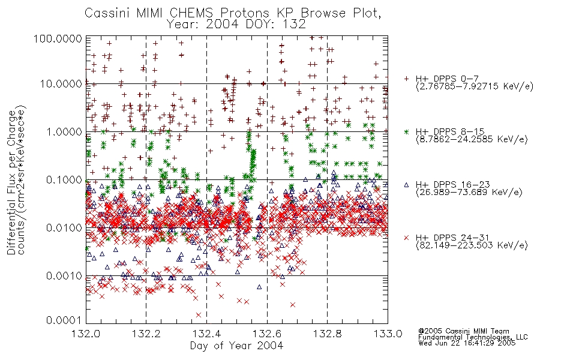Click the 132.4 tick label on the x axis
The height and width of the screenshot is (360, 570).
[x=207, y=334]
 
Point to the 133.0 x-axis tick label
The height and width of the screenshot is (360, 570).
[x=388, y=334]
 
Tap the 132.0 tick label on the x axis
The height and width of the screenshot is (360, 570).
[x=86, y=334]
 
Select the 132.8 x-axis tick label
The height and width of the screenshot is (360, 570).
[x=327, y=334]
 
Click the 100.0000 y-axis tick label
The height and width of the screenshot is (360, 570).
[x=58, y=38]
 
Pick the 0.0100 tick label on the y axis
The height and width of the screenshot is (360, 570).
[x=64, y=228]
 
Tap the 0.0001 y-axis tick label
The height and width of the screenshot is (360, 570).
[x=64, y=320]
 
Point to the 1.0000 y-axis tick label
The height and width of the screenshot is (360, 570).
[x=64, y=131]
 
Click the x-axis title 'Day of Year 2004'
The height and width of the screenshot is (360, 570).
[x=236, y=346]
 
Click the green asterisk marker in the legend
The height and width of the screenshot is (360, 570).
[x=407, y=132]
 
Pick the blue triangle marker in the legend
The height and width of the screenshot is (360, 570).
[x=407, y=185]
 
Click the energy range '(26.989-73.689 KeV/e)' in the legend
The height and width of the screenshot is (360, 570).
[x=469, y=192]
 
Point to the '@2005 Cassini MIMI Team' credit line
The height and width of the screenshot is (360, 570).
[x=464, y=331]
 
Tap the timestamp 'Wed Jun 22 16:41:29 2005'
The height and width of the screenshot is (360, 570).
[x=467, y=343]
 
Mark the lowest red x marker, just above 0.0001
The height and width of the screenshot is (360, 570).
[x=199, y=315]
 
